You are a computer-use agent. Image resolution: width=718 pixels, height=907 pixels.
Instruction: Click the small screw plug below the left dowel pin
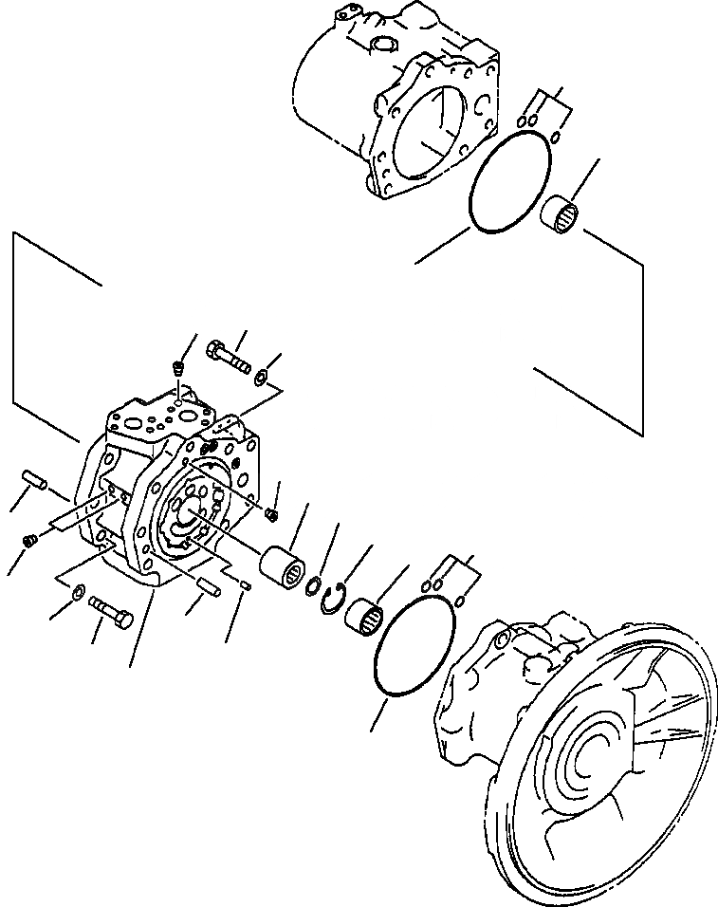[x=28, y=541]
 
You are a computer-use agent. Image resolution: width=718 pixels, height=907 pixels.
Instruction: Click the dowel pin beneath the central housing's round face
[x=207, y=586]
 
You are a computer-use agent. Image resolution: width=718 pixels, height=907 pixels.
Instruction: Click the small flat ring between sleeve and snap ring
[x=310, y=589]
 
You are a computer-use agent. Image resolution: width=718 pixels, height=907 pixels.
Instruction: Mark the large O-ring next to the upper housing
[x=510, y=181]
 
